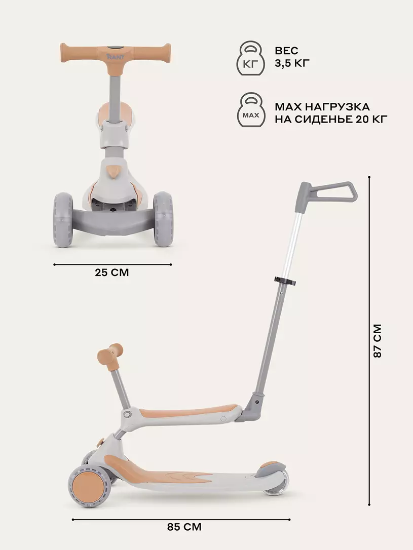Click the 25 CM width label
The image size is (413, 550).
[111, 272]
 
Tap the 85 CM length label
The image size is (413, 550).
[184, 527]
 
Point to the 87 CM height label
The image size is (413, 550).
[377, 341]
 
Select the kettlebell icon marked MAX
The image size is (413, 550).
[251, 110]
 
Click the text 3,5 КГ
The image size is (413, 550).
[292, 63]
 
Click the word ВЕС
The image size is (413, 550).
[287, 51]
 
